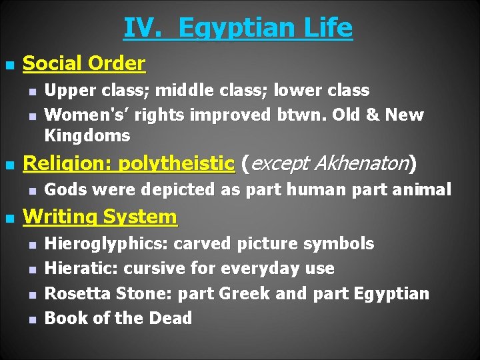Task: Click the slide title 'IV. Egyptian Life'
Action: pos(238,28)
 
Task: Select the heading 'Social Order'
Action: pos(83,64)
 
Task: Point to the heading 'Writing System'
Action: pos(99,217)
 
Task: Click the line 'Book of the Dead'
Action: pos(118,318)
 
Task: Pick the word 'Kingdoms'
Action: pos(87,136)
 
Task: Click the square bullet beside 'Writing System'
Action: pos(9,218)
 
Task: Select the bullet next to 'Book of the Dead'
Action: pos(32,319)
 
